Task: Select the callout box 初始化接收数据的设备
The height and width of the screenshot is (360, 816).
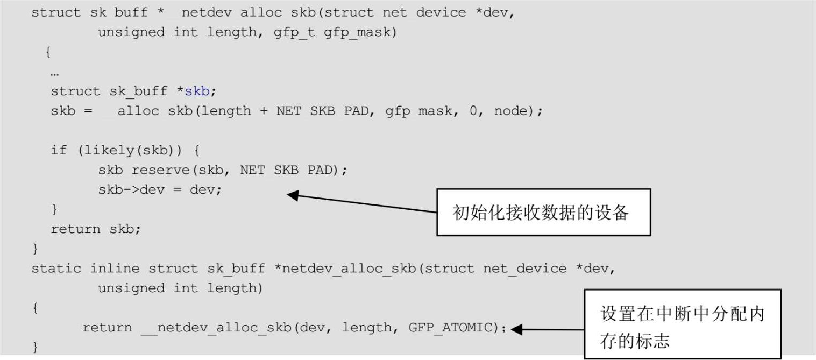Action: pyautogui.click(x=543, y=213)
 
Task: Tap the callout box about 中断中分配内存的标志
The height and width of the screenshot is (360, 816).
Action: pyautogui.click(x=682, y=324)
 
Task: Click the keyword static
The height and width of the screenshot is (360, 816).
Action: pyautogui.click(x=56, y=268)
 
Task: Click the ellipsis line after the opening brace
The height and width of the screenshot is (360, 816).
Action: pyautogui.click(x=54, y=72)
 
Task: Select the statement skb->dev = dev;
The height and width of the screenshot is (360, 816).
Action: pyautogui.click(x=159, y=189)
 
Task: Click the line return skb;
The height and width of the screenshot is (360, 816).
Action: pyautogui.click(x=95, y=229)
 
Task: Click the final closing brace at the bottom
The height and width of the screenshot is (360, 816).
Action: pyautogui.click(x=36, y=347)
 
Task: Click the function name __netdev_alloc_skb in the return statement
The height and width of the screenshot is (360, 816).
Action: pyautogui.click(x=217, y=327)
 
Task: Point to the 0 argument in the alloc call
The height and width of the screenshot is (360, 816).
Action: pyautogui.click(x=473, y=111)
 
